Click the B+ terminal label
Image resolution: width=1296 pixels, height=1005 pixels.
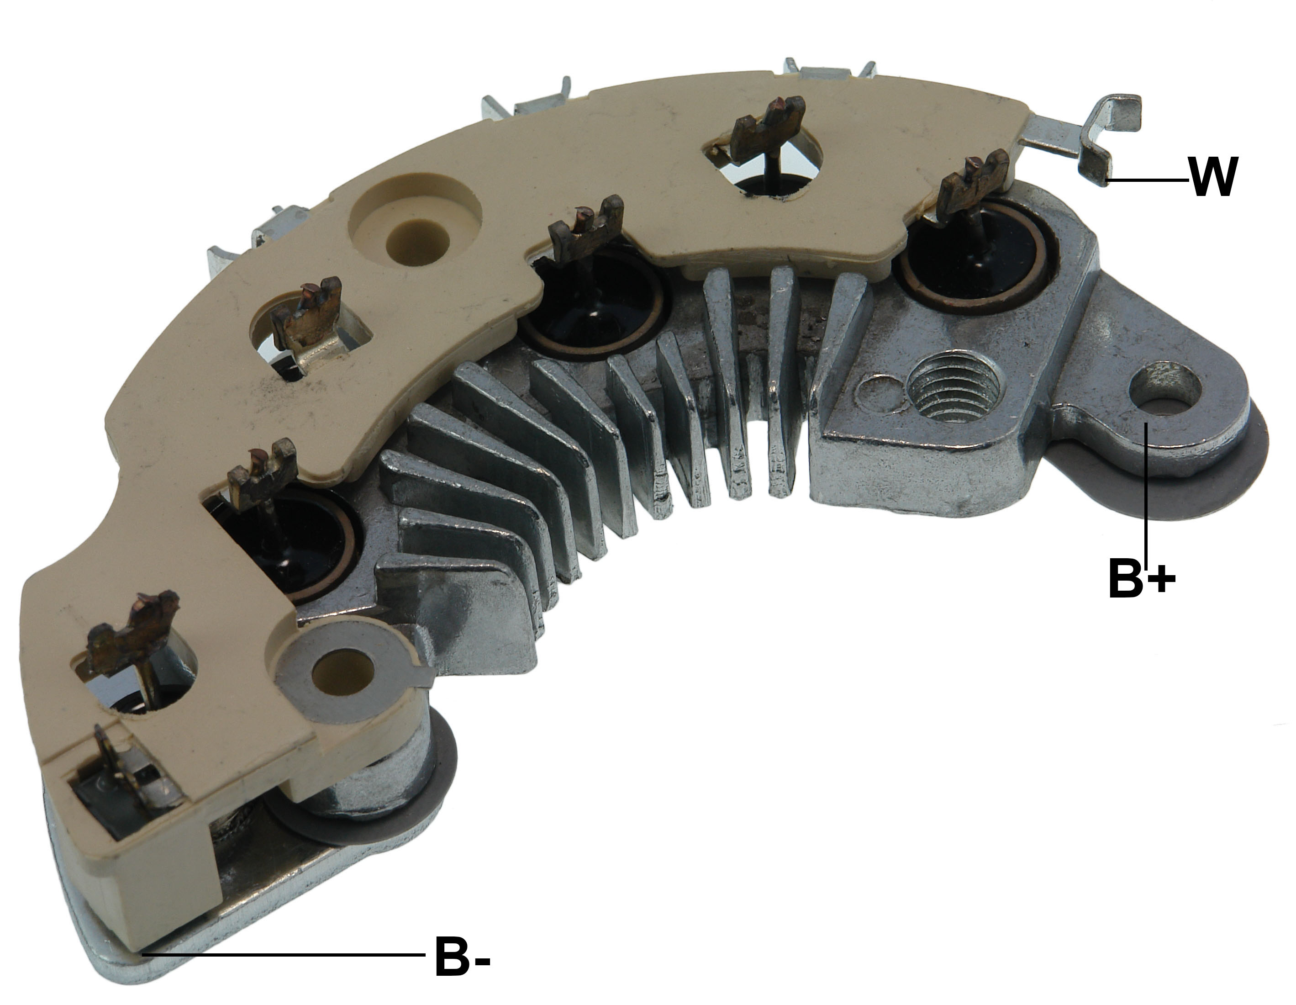point(1141,576)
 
